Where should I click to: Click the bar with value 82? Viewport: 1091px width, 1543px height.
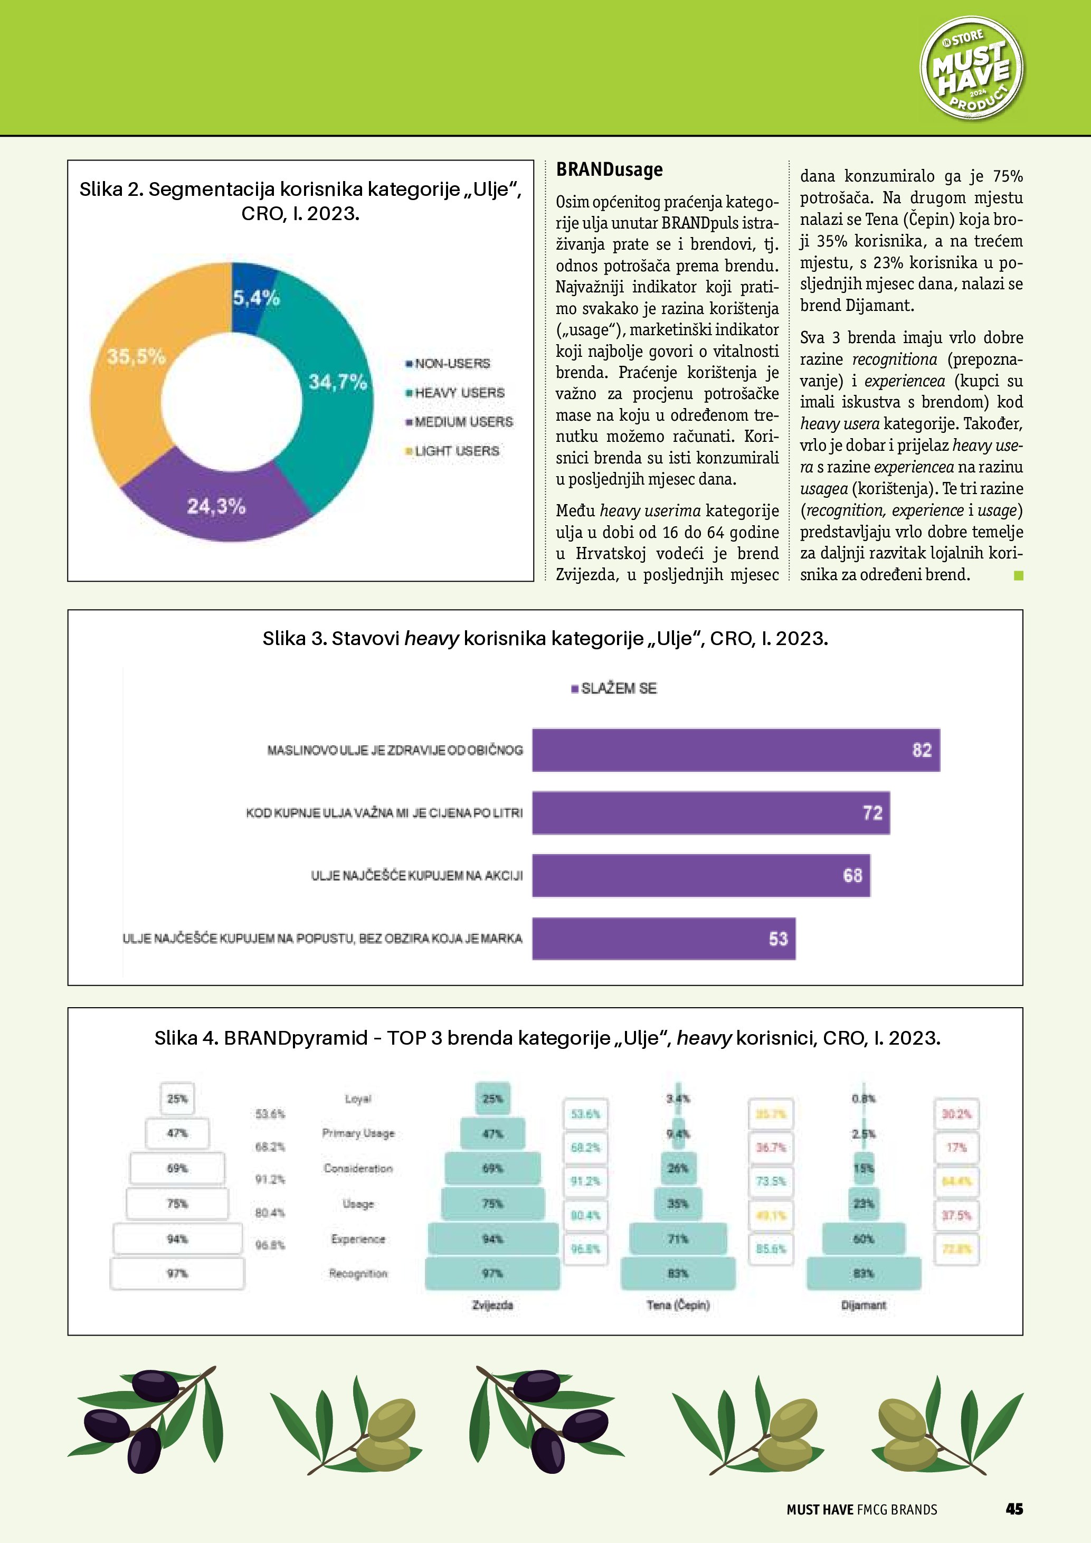click(736, 750)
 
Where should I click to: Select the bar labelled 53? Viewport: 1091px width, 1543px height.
click(664, 938)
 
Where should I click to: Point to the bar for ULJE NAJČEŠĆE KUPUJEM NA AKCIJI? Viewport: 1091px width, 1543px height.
click(701, 875)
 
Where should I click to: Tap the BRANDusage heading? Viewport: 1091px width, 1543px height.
click(609, 169)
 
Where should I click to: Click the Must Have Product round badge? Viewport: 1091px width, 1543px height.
click(971, 69)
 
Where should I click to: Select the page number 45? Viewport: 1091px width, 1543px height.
click(1014, 1509)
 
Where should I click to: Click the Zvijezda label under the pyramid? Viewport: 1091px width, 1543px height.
click(492, 1305)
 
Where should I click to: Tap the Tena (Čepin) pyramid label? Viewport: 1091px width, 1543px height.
click(678, 1305)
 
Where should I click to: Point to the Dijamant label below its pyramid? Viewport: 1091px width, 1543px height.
click(864, 1305)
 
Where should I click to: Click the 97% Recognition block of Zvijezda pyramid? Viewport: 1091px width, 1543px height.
click(492, 1273)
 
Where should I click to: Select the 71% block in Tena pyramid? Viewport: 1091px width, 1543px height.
click(678, 1238)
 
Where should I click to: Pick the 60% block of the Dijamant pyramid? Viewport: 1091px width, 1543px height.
click(864, 1238)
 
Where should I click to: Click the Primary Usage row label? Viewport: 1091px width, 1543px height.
click(358, 1133)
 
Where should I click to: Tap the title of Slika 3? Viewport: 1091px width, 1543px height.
click(545, 638)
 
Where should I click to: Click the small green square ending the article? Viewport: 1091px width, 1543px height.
click(1019, 575)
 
